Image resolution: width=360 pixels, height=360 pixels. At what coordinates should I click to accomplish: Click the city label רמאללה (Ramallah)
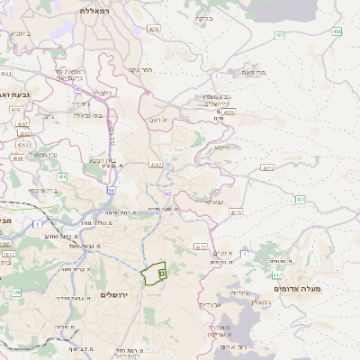click(x=93, y=10)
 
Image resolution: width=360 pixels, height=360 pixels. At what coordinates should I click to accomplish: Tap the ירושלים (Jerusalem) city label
click(x=116, y=295)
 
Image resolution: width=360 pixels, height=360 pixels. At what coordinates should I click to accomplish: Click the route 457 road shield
click(x=280, y=35)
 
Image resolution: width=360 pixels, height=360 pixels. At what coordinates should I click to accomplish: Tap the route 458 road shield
click(x=337, y=31)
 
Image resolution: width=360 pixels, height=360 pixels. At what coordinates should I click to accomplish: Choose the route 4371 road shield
click(x=266, y=167)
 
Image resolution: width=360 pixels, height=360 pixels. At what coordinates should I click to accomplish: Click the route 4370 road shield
click(x=236, y=212)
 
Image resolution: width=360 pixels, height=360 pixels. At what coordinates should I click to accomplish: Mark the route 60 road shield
click(x=167, y=193)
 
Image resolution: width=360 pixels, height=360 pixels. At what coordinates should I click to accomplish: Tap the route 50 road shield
click(x=111, y=190)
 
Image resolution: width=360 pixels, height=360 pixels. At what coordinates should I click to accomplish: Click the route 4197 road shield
click(x=156, y=165)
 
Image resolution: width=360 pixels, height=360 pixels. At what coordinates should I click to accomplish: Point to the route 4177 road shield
click(x=201, y=246)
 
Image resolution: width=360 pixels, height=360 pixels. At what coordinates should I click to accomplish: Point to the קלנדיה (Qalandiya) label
click(x=104, y=92)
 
